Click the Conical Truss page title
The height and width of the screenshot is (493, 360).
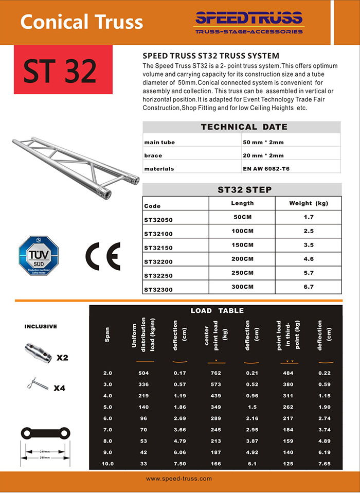[82, 22]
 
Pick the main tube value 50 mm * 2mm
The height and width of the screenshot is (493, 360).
[263, 142]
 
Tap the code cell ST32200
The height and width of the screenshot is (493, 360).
[158, 262]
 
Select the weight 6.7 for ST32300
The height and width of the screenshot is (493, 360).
[309, 287]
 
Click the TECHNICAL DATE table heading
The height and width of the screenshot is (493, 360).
[244, 127]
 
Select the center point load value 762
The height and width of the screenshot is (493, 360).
[216, 373]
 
